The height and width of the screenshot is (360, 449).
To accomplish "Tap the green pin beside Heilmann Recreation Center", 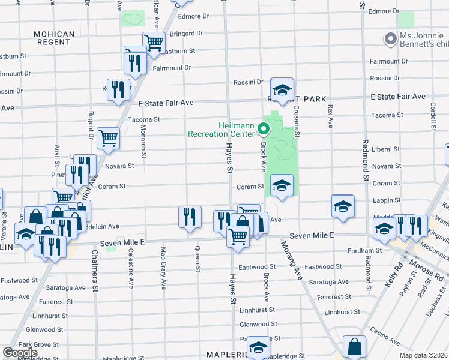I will [263, 128].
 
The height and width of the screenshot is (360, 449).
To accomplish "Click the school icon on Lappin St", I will [342, 206].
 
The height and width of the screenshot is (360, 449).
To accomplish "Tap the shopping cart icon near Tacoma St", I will [108, 138].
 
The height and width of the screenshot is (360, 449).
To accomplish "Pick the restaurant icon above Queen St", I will [190, 217].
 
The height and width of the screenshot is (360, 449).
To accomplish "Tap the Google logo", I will [20, 353].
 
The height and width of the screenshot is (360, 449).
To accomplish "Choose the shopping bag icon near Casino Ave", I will [354, 346].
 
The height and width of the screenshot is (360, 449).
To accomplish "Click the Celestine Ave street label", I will [131, 266].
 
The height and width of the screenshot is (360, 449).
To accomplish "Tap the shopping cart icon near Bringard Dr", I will [154, 43].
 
